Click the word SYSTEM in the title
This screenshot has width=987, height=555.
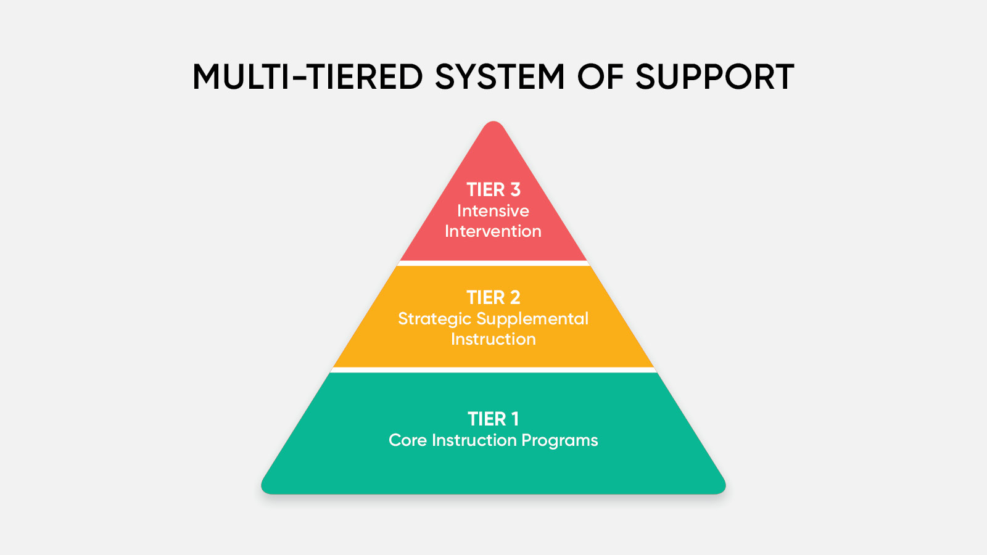tap(500, 76)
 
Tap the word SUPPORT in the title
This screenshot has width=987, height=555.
tap(715, 76)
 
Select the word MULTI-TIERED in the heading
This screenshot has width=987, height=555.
tap(308, 76)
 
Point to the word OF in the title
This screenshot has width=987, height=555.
tap(600, 76)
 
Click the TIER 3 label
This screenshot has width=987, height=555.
tap(493, 190)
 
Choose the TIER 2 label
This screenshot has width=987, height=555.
tap(493, 298)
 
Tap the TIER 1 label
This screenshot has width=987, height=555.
tap(493, 419)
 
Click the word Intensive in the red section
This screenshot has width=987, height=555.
tap(493, 211)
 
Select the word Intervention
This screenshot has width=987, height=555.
tap(493, 231)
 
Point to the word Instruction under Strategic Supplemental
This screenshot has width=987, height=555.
tap(493, 339)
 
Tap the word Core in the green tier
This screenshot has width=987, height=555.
tap(408, 440)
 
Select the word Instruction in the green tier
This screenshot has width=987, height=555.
tap(474, 440)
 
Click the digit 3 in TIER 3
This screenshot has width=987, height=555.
tap(515, 190)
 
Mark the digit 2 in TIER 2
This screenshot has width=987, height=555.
tap(515, 298)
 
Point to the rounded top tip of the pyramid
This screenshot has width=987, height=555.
tap(493, 122)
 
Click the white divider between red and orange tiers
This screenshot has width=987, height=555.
tap(493, 263)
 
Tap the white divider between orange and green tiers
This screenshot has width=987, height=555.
tap(493, 370)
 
